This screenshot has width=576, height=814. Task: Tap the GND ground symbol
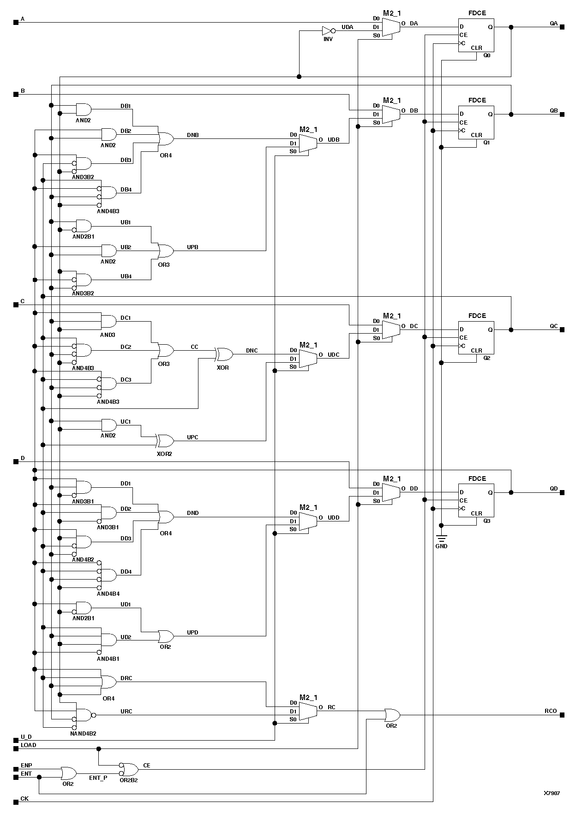point(441,539)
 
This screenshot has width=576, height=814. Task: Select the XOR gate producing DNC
point(224,354)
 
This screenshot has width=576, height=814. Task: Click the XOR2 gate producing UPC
point(165,441)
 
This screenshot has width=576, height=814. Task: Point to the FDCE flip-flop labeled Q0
point(476,35)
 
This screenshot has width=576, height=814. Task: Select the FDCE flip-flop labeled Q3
point(476,500)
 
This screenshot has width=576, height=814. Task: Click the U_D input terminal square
point(16,740)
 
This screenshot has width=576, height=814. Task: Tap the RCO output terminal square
point(562,715)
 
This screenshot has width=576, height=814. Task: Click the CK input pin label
point(24,798)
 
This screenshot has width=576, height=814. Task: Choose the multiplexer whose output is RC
point(308,711)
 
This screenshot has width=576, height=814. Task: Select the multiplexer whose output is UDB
point(308,143)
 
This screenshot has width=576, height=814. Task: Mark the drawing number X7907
point(552,793)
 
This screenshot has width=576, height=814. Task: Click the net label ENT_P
point(98,778)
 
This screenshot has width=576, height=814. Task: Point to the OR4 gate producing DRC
point(109,682)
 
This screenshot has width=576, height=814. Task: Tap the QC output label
point(553,326)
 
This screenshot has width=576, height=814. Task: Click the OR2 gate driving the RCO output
point(392,715)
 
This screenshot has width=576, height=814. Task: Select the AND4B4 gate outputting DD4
point(109,575)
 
